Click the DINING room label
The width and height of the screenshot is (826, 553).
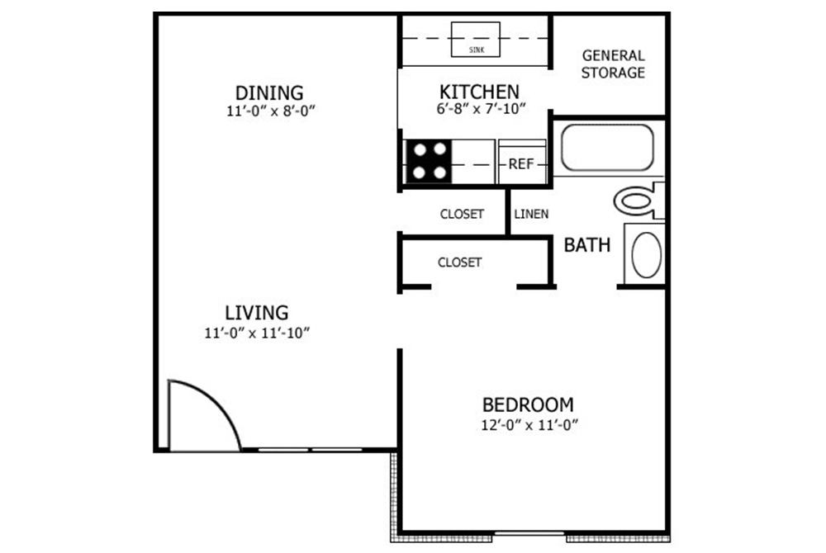(269, 92)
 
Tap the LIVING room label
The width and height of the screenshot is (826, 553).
(257, 313)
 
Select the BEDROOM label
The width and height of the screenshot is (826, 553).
(528, 405)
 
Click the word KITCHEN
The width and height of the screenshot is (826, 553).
(479, 92)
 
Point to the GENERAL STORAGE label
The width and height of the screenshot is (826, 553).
(613, 64)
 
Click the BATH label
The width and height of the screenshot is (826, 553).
(587, 245)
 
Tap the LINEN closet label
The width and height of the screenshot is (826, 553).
(531, 215)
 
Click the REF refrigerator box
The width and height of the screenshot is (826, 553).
(521, 163)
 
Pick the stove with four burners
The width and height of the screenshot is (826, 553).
(429, 162)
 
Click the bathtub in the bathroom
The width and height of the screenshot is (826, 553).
(607, 148)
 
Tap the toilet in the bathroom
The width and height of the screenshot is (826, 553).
(640, 200)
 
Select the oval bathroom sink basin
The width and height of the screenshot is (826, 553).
(646, 254)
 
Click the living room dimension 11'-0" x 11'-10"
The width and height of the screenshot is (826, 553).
(257, 333)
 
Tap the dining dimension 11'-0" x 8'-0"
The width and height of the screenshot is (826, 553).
(269, 111)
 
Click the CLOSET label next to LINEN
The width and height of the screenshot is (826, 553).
(462, 215)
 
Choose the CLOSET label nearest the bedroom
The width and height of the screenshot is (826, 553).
(459, 262)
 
